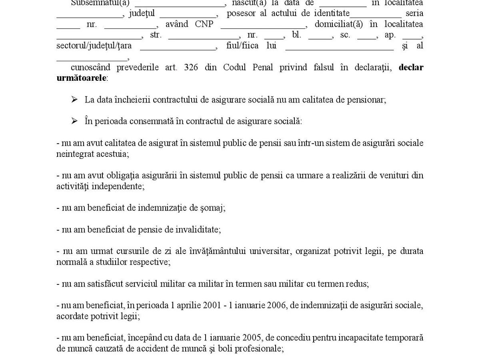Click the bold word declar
pyautogui.click(x=411, y=68)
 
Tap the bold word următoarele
pyautogui.click(x=82, y=78)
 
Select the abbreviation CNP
pyautogui.click(x=204, y=24)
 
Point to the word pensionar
pyautogui.click(x=368, y=100)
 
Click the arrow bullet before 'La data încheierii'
pyautogui.click(x=74, y=100)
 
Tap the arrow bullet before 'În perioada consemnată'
pyautogui.click(x=74, y=121)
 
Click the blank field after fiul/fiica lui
pyautogui.click(x=340, y=47)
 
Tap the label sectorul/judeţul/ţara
pyautogui.click(x=94, y=46)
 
